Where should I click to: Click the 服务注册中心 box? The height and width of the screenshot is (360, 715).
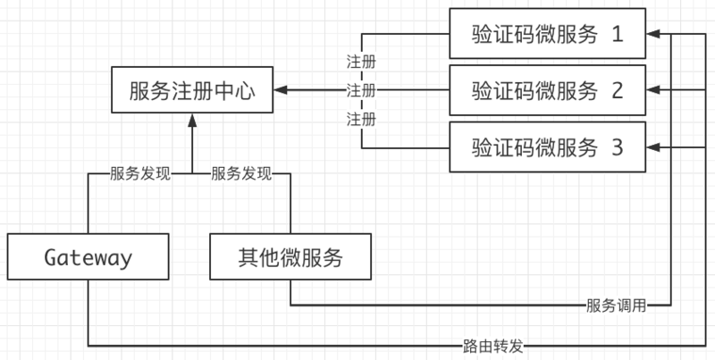[191, 90]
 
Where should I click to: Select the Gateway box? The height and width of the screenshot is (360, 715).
[88, 258]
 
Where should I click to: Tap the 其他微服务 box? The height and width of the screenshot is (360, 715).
[290, 258]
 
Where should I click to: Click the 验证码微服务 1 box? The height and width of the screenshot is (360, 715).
[546, 34]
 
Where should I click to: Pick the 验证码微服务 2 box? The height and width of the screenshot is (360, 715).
[546, 90]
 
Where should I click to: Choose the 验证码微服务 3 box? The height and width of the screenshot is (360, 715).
[546, 147]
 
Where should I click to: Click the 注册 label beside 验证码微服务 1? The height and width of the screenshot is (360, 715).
[361, 63]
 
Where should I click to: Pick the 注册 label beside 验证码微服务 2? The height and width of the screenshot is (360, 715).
[361, 90]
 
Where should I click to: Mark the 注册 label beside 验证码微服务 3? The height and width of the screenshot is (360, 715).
[361, 118]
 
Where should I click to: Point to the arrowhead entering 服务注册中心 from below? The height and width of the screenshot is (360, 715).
[191, 119]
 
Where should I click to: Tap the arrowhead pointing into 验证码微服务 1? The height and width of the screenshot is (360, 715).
[652, 34]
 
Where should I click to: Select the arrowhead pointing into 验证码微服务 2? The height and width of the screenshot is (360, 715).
[652, 90]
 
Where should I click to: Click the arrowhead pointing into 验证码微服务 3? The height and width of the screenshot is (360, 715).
[652, 147]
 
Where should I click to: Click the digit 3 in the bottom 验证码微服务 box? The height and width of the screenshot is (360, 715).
[617, 147]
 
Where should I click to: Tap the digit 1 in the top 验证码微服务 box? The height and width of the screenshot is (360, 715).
[617, 34]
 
